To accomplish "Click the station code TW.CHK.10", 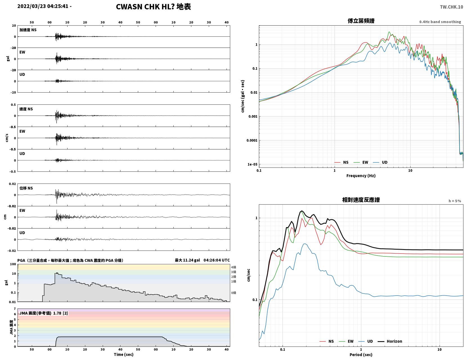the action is coord(451,7).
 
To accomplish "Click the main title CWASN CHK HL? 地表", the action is coord(153,7).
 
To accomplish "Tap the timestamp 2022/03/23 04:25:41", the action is coord(43,6).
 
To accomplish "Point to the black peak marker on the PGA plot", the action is coord(57,273).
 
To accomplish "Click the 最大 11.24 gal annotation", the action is coord(187,260).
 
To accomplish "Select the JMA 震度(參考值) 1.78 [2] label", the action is coord(44,313).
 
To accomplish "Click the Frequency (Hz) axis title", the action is coord(361,176).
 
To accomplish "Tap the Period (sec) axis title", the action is coord(361,355).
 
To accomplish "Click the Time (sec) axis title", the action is coord(124,354).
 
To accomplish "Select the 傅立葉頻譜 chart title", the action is coord(361,21).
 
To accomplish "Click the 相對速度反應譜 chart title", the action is coord(361,200).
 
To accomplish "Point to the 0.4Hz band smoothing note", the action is coord(440,22).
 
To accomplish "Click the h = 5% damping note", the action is coord(455,201).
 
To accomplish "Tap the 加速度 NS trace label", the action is coord(28,30).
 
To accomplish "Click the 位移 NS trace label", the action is coord(26,188).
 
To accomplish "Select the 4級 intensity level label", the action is coord(234,267).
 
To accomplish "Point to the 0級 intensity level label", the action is coord(234,293).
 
